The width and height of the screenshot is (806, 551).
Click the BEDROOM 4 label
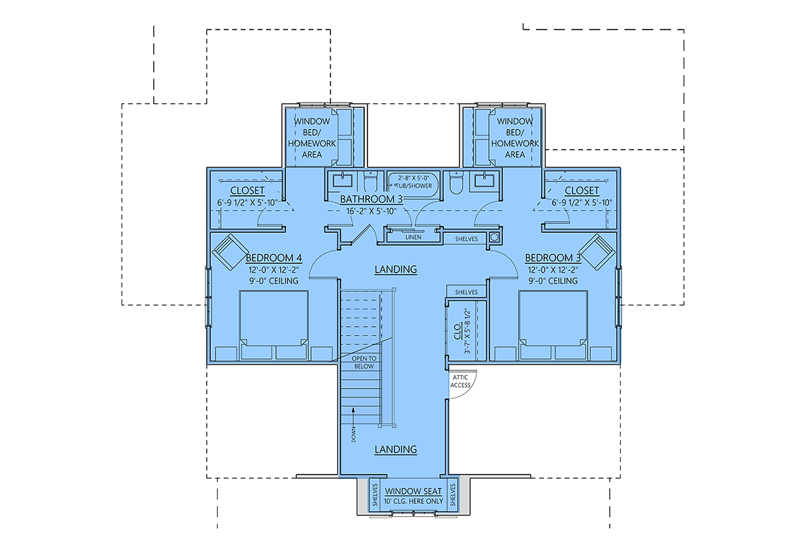273,258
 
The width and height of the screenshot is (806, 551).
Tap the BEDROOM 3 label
553,258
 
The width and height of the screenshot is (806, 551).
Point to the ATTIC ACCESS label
461,381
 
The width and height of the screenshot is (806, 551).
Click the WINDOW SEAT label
414,491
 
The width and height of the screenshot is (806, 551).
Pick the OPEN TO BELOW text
365,363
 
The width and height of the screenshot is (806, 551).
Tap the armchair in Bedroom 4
230,252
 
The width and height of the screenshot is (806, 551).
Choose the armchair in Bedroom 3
596,252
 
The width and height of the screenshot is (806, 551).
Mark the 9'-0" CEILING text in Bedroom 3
553,281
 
